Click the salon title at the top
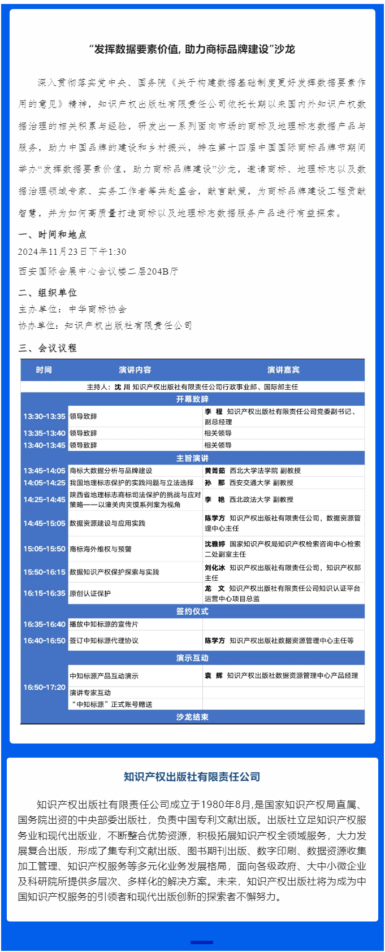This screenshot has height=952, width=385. (192, 49)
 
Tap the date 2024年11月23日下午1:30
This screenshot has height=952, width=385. (72, 251)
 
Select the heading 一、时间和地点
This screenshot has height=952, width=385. (53, 234)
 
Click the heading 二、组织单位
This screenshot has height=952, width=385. (47, 293)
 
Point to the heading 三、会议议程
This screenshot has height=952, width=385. (47, 348)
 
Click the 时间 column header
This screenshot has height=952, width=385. (44, 370)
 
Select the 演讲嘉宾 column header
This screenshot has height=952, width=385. (283, 370)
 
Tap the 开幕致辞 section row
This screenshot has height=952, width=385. (192, 399)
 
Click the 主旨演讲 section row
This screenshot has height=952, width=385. (192, 458)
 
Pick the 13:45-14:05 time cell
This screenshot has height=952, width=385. (44, 471)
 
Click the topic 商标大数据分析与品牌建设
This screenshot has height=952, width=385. (111, 471)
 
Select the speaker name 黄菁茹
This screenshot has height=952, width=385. (215, 471)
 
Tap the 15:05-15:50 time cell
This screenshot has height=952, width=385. (44, 549)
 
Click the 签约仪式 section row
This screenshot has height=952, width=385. (192, 611)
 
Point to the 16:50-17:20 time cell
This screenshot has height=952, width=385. (44, 687)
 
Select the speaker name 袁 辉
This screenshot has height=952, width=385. (214, 676)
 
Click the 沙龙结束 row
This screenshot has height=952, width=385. (192, 717)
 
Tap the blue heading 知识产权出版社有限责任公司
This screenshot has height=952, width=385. (192, 777)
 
